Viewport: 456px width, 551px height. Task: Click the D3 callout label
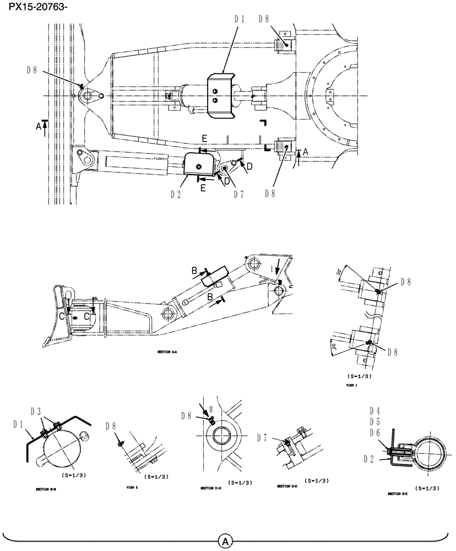point(36,411)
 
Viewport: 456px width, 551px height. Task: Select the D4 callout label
point(375,410)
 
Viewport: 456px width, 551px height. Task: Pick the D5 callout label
point(375,422)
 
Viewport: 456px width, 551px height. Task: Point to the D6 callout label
point(375,433)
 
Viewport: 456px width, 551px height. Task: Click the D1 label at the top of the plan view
point(239,18)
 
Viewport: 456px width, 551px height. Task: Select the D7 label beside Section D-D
point(263,437)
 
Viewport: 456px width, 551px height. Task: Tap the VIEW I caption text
point(352,387)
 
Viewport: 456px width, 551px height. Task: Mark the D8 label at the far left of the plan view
point(32,70)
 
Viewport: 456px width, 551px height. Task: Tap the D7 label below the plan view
point(238,193)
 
